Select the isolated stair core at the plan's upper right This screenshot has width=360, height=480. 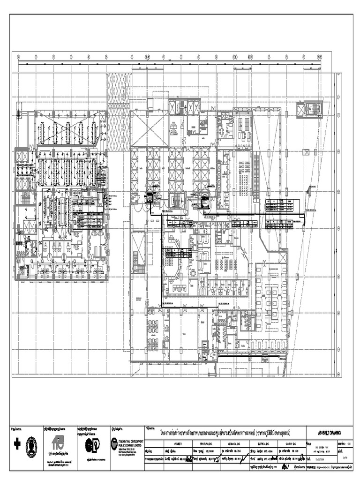pyautogui.click(x=309, y=110)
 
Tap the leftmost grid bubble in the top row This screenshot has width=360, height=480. pyautogui.click(x=18, y=57)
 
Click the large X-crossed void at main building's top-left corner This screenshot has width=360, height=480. pyautogui.click(x=147, y=127)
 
